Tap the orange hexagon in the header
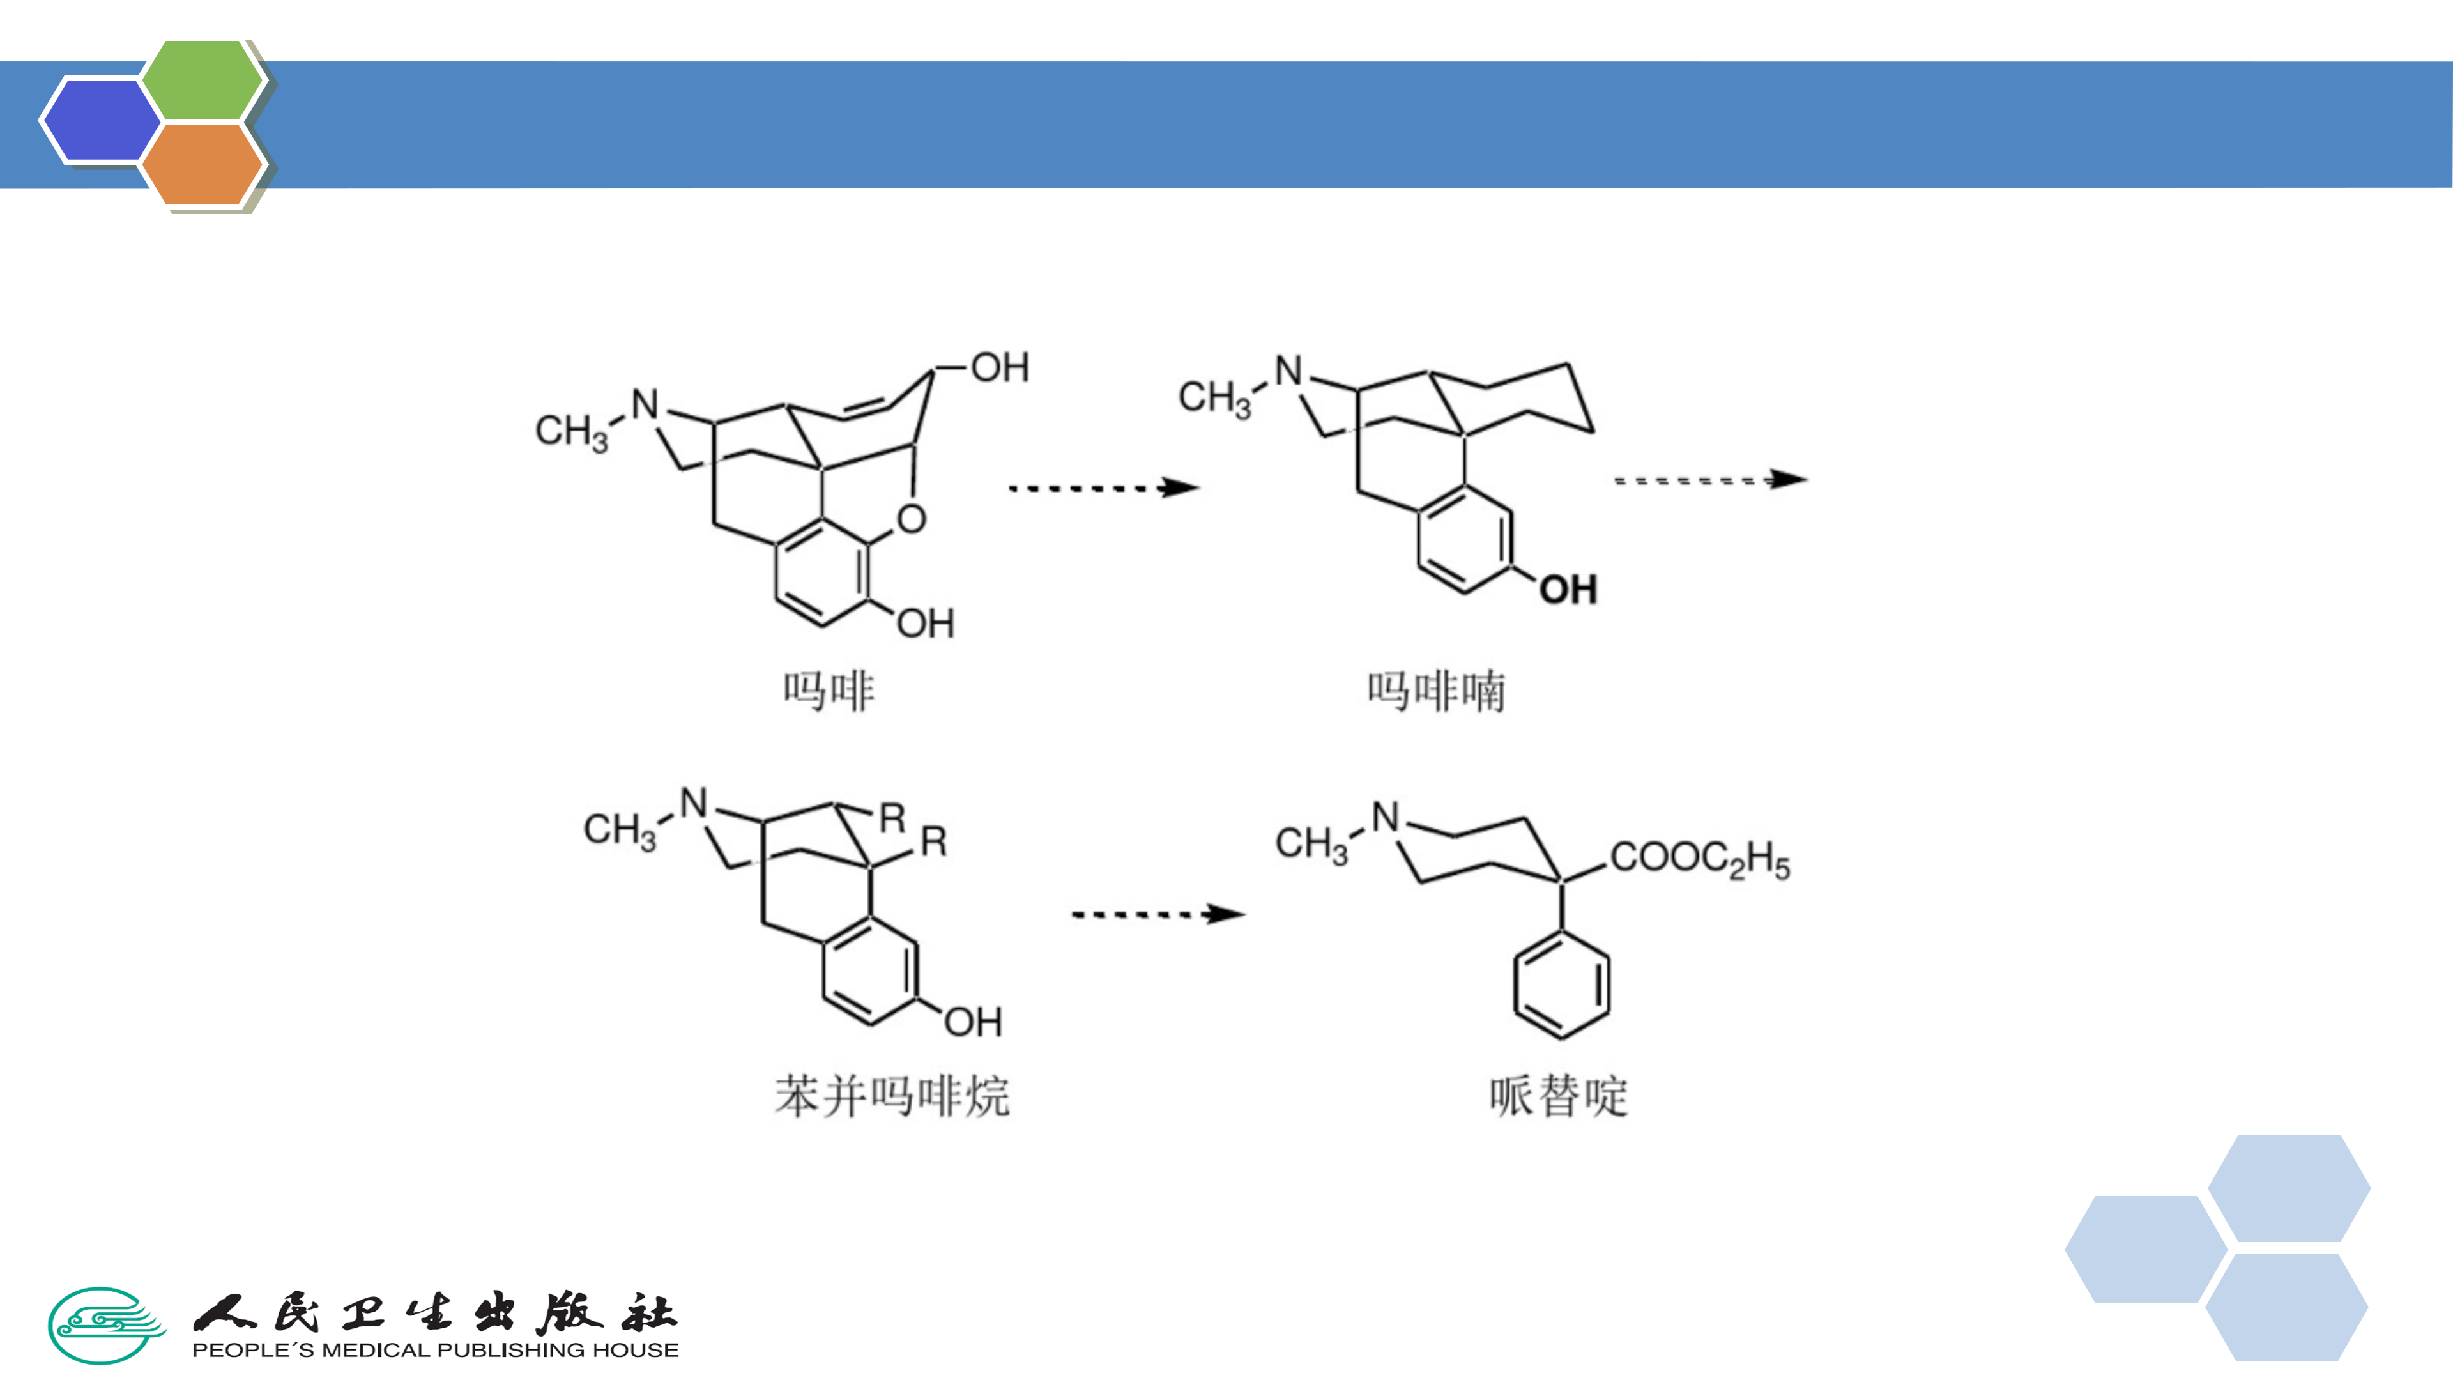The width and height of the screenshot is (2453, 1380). pos(202,164)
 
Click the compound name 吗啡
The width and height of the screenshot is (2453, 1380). pos(829,691)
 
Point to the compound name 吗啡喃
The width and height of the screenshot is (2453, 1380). pos(1436,691)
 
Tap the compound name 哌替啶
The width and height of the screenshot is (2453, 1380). pos(1559,1095)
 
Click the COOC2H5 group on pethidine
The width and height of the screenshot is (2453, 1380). pos(1700,859)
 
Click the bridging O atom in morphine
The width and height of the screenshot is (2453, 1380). pos(912,519)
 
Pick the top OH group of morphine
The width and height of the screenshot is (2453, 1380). pos(1000,367)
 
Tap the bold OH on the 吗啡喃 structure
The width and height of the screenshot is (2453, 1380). pos(1568,590)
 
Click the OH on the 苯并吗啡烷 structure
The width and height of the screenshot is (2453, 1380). pos(972,1022)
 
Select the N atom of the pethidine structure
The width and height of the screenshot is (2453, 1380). pos(1386,817)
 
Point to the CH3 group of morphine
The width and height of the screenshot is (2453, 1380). pos(571,431)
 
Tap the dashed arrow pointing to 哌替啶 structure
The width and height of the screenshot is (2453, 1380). pos(1158,914)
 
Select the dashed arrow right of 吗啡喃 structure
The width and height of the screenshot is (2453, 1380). pos(1709,480)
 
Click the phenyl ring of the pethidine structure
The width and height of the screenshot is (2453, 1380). pos(1562,985)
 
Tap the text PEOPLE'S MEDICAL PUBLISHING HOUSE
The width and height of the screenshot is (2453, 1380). pos(435,1349)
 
